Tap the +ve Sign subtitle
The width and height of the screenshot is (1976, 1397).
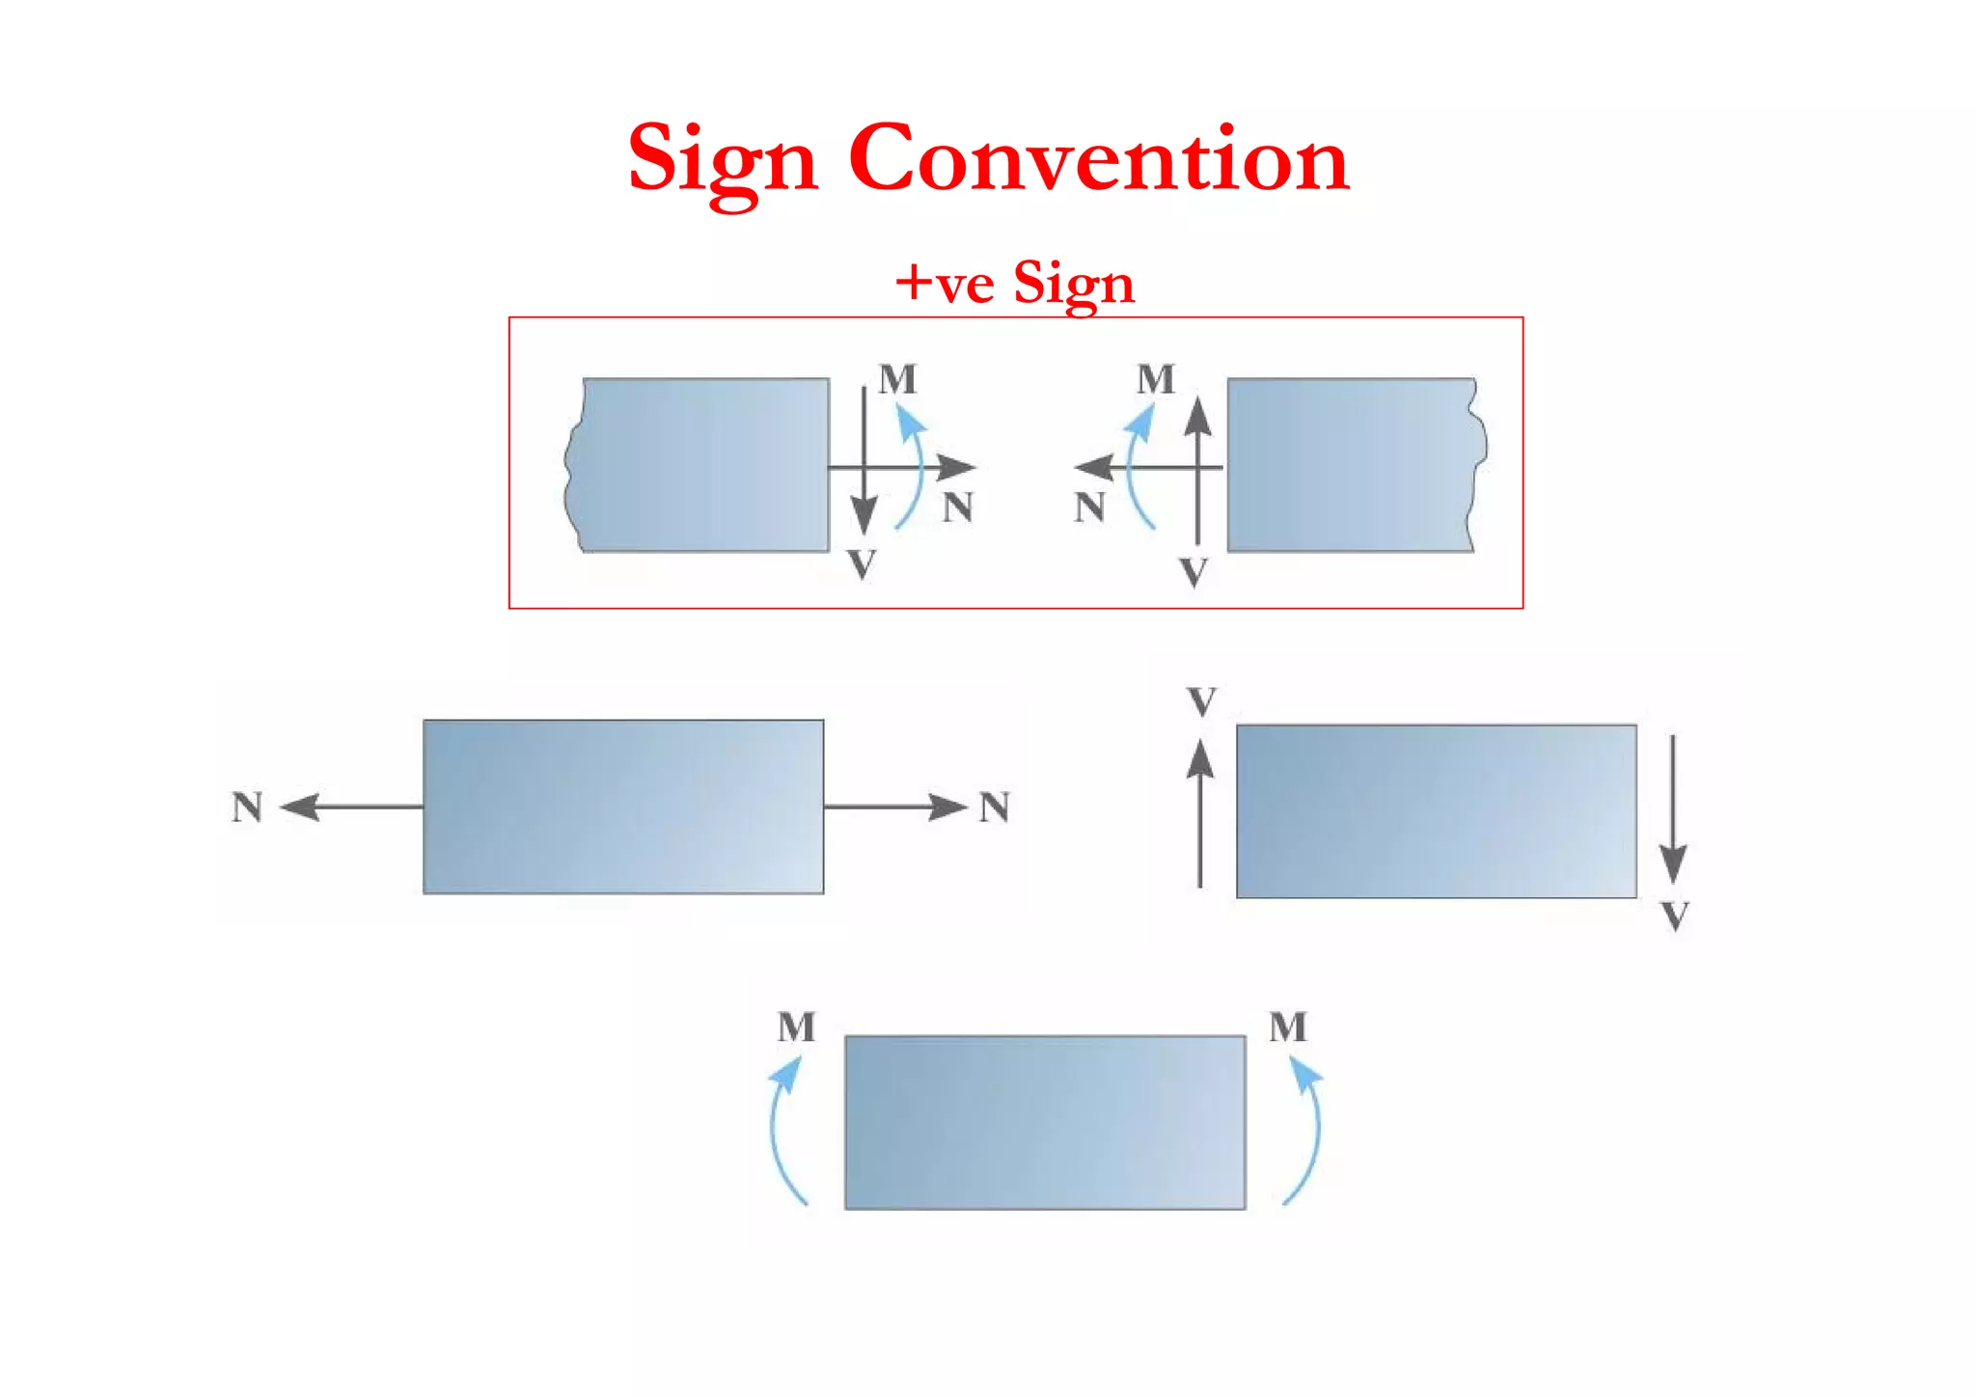pos(1014,284)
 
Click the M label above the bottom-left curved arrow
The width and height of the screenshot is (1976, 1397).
pos(796,1027)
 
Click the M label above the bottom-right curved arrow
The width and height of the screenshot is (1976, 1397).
pos(1288,1027)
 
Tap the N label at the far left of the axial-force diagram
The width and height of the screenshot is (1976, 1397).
pos(247,808)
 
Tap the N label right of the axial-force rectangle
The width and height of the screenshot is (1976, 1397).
pos(995,808)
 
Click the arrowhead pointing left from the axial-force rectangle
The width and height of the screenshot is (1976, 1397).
pos(301,807)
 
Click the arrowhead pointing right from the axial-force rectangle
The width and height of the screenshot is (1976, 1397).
pos(947,807)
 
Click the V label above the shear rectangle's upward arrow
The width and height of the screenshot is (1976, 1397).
pos(1201,701)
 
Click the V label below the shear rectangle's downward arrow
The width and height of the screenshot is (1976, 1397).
pos(1676,916)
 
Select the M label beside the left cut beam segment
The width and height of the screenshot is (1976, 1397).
pos(897,379)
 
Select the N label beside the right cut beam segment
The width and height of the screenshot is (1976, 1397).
pos(1089,507)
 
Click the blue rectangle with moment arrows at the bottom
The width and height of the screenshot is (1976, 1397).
pos(1045,1122)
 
